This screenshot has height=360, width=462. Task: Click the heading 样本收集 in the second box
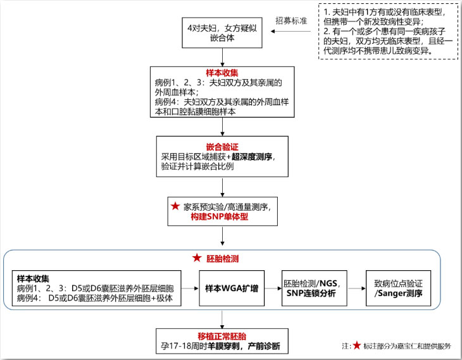click(x=222, y=73)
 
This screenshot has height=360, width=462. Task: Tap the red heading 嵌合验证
click(x=222, y=146)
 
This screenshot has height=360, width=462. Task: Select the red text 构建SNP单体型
click(x=222, y=216)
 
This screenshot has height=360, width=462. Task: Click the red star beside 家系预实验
click(x=175, y=206)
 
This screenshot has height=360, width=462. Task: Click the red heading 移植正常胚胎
click(x=222, y=335)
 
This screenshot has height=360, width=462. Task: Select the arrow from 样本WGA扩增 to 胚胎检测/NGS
click(x=271, y=288)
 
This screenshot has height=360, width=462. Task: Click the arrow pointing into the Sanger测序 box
click(x=356, y=288)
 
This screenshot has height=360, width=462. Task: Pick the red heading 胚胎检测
click(x=222, y=259)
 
